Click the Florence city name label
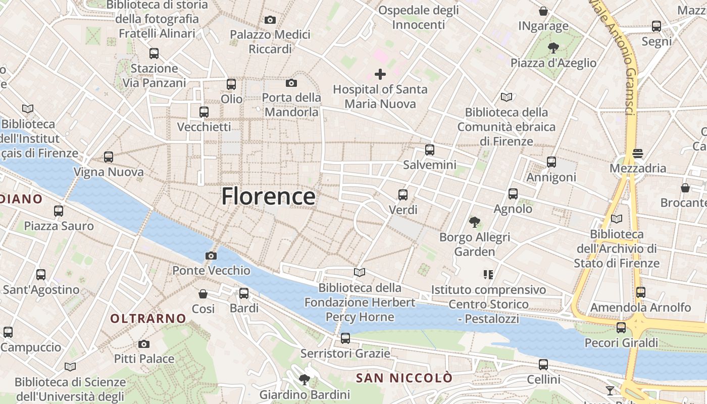268,196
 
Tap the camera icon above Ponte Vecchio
211,256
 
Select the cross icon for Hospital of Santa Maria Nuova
380,75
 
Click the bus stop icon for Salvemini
429,150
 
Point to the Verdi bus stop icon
402,195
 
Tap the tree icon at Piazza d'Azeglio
553,48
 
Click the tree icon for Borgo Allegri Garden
474,222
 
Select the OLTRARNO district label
148,319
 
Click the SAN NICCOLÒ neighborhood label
404,378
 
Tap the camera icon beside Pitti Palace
144,344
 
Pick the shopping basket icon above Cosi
203,294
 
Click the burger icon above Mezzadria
638,154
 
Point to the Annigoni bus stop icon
551,163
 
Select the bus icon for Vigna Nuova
109,157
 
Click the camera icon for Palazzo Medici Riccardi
270,20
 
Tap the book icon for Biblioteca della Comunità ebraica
507,97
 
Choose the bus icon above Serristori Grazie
345,338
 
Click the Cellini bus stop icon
543,365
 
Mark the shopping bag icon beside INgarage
543,11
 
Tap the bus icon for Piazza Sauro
59,211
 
